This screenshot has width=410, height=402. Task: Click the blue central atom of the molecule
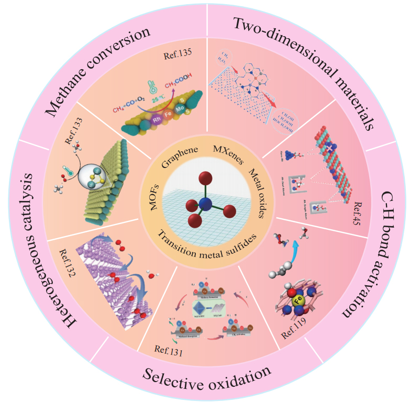coord(205,204)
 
